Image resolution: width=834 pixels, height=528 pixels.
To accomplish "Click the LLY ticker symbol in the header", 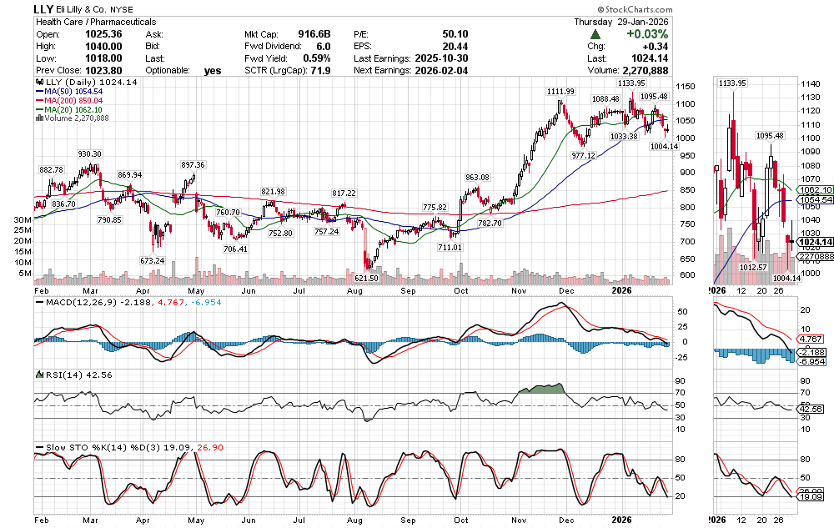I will (45, 8).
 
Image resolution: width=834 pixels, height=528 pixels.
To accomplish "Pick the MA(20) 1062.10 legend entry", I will (78, 109).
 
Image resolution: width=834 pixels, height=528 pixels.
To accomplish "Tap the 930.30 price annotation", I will (90, 154).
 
